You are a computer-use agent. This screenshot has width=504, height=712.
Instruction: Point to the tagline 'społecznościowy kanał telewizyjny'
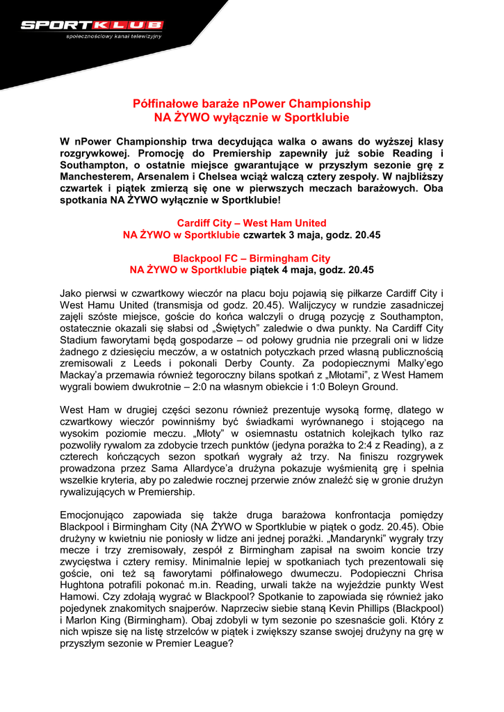(x=113, y=35)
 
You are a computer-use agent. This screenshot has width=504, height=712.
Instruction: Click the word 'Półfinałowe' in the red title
(x=165, y=104)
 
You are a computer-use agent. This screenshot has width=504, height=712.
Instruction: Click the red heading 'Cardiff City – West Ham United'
(x=252, y=223)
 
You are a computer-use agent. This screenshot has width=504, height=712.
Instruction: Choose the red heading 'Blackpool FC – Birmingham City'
(x=252, y=258)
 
